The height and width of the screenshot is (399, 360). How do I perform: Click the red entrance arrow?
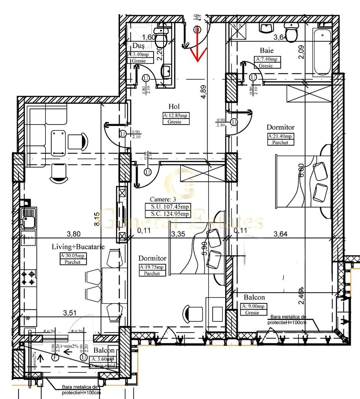point(197,44)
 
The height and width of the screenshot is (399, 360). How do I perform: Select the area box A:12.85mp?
point(175,115)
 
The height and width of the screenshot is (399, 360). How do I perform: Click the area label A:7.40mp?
point(268,59)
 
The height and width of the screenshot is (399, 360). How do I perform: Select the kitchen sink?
point(28,218)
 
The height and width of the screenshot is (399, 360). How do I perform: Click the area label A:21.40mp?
point(281,136)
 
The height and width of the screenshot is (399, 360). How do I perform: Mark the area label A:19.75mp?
point(152,267)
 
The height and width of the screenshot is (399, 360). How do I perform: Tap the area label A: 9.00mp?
point(254,306)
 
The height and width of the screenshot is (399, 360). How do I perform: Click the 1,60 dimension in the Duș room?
point(149,37)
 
